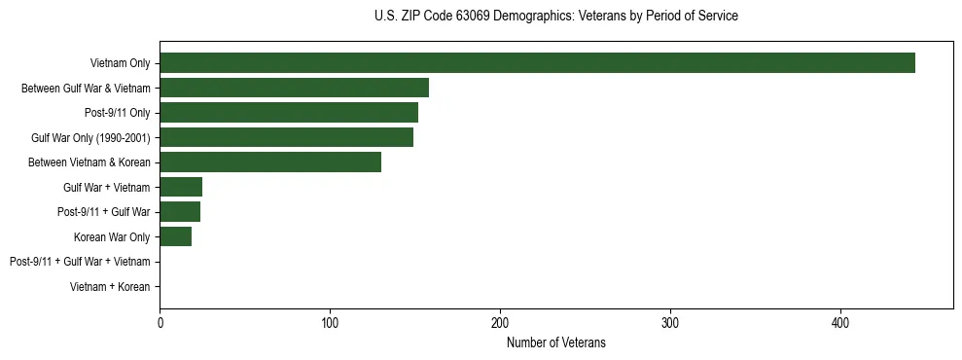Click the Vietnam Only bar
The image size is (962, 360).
537,63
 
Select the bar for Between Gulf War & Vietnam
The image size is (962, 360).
294,88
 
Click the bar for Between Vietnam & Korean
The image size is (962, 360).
270,162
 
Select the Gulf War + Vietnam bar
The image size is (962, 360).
181,187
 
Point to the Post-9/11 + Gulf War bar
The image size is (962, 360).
180,212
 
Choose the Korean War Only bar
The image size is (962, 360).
176,236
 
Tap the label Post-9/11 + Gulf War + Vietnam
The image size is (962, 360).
80,262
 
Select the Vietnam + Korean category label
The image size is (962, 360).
110,287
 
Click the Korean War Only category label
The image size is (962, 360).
112,237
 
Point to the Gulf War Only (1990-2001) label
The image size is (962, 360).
90,138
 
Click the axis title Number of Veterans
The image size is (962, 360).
556,342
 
